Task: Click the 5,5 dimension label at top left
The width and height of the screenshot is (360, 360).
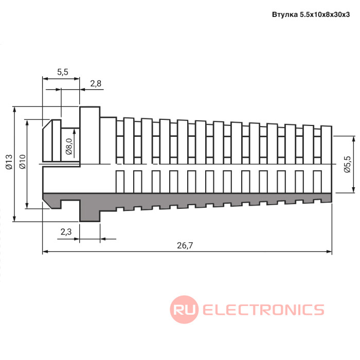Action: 63,72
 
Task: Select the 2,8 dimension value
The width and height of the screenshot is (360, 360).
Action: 96,83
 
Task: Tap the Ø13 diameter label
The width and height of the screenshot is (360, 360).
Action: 9,162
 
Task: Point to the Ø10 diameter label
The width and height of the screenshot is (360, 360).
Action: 23,162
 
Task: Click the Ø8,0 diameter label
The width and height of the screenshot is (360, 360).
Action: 69,146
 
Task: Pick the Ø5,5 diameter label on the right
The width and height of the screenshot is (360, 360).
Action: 347,164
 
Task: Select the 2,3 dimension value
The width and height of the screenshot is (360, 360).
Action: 66,232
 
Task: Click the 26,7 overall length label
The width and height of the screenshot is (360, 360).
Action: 185,245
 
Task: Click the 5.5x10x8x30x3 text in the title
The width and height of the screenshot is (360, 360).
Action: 325,15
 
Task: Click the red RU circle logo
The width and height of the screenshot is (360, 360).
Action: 184,310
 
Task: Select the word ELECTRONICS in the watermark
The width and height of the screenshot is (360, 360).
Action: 263,310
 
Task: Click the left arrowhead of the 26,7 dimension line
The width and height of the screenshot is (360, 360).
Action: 45,251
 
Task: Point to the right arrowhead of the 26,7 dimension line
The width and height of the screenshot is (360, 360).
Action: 329,251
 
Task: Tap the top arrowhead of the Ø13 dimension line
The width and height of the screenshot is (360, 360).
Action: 15,110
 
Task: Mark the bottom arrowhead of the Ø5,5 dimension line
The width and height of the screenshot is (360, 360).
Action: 354,190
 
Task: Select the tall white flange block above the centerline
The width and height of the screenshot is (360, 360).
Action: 90,135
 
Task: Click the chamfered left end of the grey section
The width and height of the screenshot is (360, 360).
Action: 48,200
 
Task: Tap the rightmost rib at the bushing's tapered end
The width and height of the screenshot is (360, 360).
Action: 326,145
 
